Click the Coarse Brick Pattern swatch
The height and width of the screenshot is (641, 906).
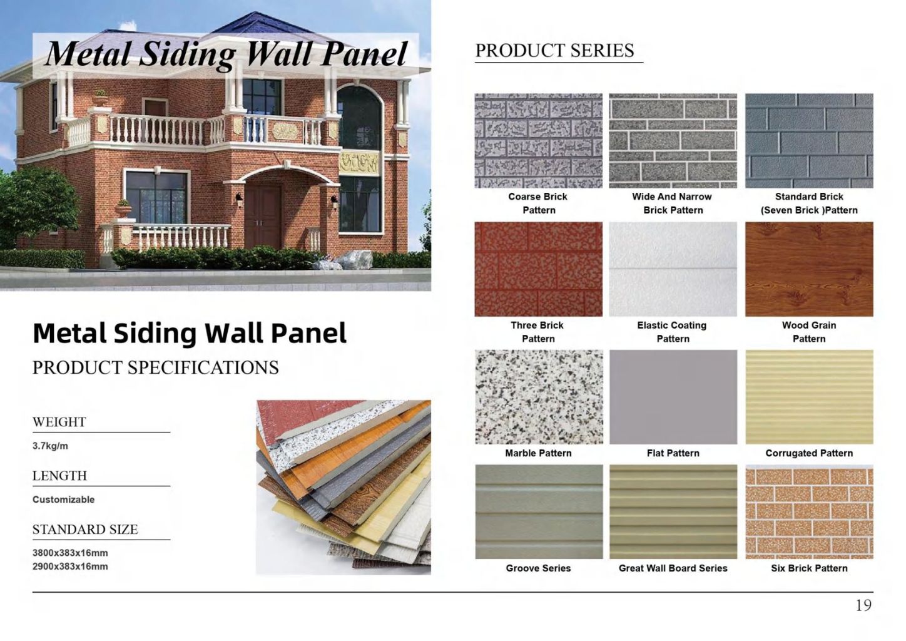538,141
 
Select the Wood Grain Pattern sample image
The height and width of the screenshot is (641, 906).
808,269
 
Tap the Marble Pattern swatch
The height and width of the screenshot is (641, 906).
538,397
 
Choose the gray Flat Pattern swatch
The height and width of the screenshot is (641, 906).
673,397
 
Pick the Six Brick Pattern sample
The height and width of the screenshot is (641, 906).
808,511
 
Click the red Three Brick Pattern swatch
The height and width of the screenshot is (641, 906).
538,269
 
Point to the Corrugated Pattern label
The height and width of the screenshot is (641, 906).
808,453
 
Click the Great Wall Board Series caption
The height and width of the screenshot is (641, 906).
673,568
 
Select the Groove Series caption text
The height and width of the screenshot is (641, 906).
538,568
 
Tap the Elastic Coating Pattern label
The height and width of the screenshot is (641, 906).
672,332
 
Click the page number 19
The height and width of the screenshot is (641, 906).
863,605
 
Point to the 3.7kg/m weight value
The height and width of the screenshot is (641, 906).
50,446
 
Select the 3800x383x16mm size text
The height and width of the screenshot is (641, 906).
70,553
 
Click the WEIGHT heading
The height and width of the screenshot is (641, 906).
59,422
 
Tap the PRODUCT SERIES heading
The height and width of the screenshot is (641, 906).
554,51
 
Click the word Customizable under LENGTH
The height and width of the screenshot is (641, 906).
63,500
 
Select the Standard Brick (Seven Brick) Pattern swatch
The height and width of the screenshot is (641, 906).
808,141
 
